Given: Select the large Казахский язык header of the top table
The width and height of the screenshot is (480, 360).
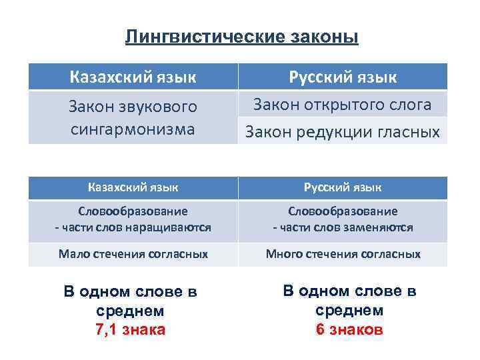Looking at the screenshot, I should coord(133,77).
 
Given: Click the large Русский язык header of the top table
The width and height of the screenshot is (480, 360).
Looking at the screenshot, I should coord(343,77).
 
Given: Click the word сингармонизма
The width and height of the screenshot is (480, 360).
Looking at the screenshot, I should coord(133,128).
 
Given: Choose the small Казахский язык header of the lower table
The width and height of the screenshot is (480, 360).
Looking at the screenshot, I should coord(133,188).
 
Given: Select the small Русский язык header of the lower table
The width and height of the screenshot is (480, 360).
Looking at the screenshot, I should coord(343,188).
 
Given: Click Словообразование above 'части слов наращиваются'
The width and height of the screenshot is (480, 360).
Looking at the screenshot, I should coord(133,211).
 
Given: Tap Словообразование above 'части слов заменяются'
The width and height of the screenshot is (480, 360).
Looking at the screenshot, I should coord(343,211).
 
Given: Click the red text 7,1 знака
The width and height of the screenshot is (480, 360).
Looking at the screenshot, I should coord(131,329).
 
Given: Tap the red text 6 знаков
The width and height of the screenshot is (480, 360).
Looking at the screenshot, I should coord(349,329).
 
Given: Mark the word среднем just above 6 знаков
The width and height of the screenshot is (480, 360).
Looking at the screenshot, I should coord(349,310).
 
